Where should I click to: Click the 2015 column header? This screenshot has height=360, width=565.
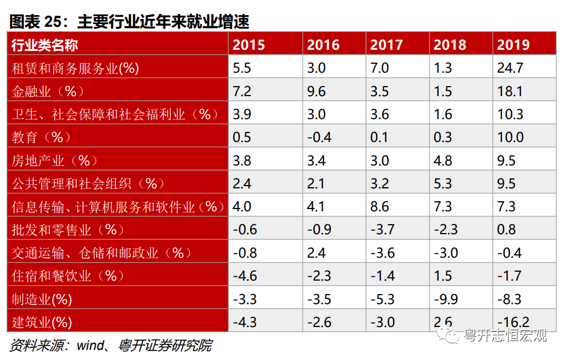pos(248,45)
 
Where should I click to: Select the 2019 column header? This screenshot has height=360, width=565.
pos(513,45)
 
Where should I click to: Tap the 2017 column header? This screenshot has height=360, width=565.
pos(387,45)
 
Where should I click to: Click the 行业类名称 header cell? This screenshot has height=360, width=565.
pos(45,45)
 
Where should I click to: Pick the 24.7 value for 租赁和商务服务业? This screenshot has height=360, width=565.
pos(510,68)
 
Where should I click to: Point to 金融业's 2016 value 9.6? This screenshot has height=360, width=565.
pos(316,92)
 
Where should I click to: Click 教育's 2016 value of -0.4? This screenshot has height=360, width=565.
pos(319,138)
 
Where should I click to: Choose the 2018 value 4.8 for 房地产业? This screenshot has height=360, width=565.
pos(443,160)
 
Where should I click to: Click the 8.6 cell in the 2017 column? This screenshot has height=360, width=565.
pos(380,207)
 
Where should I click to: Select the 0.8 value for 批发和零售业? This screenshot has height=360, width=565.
pos(506,230)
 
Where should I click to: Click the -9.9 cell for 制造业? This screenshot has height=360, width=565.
pos(446,299)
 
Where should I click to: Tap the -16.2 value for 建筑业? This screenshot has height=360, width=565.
pos(514,322)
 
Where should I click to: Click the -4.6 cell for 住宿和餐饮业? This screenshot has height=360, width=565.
pos(245,276)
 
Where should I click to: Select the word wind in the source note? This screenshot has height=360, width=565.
pos(91,345)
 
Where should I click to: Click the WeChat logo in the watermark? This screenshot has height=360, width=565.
pos(448,335)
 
